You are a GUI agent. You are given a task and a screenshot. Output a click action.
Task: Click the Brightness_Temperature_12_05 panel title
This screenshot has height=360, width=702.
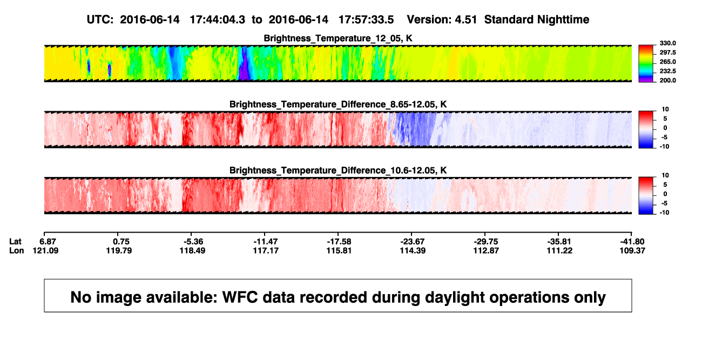(338, 38)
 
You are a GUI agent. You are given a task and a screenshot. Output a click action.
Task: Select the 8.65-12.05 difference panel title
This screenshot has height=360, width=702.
(338, 104)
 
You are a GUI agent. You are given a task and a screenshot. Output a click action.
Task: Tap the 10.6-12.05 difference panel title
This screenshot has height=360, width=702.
(338, 171)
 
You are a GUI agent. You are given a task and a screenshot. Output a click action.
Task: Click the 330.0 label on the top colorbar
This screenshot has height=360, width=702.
(667, 43)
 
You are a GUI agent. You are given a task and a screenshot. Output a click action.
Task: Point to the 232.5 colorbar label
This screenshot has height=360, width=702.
(667, 71)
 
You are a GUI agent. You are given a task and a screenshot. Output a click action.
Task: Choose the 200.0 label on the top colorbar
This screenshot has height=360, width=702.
(667, 80)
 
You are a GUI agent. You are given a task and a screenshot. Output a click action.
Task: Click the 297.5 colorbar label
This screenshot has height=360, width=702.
(667, 53)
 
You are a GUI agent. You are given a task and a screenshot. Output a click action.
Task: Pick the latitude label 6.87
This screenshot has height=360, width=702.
(48, 242)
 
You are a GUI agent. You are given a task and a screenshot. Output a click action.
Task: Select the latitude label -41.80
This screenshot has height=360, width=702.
(632, 242)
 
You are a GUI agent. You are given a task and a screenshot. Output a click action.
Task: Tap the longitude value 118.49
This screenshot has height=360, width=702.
(192, 250)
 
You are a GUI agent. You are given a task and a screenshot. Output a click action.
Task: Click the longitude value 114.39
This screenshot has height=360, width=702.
(413, 250)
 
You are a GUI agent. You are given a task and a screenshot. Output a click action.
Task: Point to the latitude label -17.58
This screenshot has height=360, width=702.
(339, 242)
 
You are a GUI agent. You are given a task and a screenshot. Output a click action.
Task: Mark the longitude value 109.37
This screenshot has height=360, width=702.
(632, 250)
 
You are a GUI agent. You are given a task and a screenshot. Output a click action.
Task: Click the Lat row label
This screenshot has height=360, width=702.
(15, 242)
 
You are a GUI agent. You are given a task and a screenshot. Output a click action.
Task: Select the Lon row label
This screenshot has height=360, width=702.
(16, 250)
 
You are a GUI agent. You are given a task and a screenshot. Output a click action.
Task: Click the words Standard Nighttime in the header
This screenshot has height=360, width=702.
(537, 19)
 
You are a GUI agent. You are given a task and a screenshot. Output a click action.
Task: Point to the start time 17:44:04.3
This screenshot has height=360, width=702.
(218, 19)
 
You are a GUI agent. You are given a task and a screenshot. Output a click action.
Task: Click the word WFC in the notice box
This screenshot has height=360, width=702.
(240, 297)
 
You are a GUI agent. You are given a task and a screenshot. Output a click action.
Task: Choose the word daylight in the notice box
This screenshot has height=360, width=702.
(453, 297)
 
